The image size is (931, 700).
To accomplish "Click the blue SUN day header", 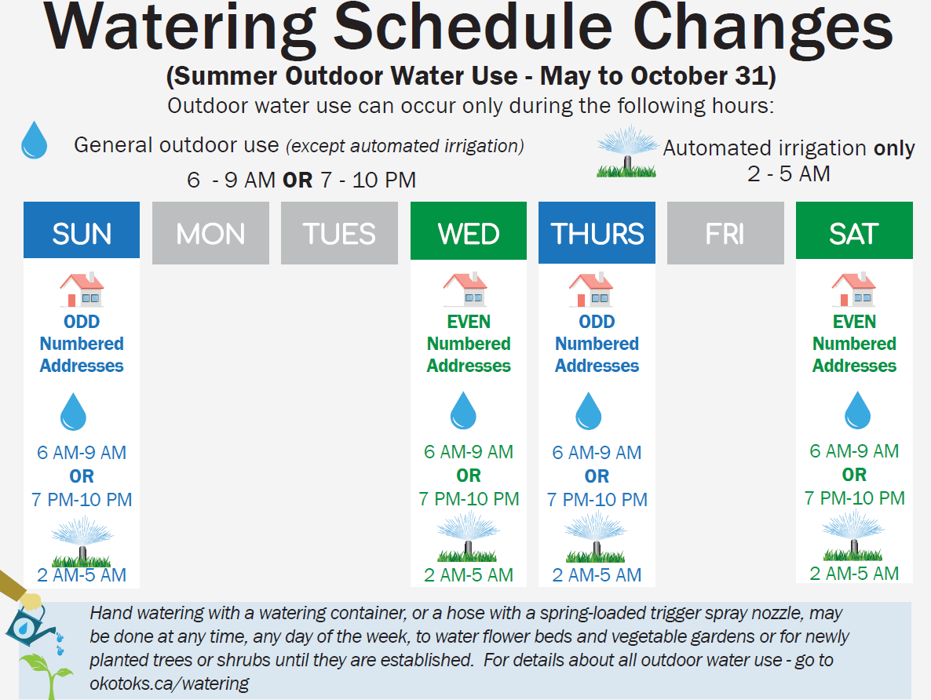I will (82, 232).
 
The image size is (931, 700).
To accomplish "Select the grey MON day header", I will (210, 232).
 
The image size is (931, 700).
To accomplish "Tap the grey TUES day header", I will (339, 232).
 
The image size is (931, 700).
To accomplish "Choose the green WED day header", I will (469, 232).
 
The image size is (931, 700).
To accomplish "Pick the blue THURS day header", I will (597, 232).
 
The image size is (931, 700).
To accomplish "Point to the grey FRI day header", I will (725, 232).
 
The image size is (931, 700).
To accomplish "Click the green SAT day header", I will (854, 232).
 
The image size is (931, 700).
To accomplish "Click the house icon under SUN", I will (82, 290).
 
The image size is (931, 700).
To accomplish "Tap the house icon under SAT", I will (854, 290).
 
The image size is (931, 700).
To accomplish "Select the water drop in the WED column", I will (463, 411).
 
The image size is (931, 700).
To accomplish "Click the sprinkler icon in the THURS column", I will (596, 537).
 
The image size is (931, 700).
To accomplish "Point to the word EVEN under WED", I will (469, 322).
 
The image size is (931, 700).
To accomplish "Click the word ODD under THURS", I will (597, 322).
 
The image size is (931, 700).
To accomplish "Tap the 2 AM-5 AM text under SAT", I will (854, 574).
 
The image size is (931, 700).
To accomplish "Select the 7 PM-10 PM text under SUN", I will (82, 500).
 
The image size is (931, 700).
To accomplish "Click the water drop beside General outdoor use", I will (34, 140).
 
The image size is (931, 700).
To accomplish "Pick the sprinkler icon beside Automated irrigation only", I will (626, 151).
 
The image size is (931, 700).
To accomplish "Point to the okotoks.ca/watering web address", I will (170, 683).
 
